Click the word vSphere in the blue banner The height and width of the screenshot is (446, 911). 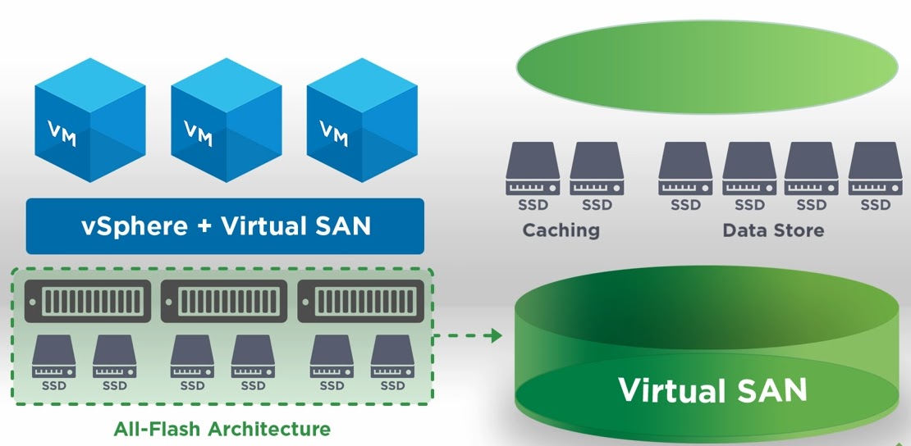click(x=135, y=226)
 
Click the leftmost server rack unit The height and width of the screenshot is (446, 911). click(x=88, y=301)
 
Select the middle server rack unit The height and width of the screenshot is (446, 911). click(x=224, y=301)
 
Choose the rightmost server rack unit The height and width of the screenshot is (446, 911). click(x=360, y=301)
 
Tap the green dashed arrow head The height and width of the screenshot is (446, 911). click(x=494, y=335)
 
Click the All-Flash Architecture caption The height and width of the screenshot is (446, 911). click(x=222, y=429)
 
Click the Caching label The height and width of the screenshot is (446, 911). click(x=561, y=230)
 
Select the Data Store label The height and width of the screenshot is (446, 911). click(x=773, y=230)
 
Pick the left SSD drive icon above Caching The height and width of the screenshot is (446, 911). click(x=533, y=170)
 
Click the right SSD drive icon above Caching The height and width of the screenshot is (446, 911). click(x=597, y=170)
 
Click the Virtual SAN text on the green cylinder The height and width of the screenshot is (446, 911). click(x=712, y=390)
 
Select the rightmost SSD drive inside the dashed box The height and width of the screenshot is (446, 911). click(x=392, y=355)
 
